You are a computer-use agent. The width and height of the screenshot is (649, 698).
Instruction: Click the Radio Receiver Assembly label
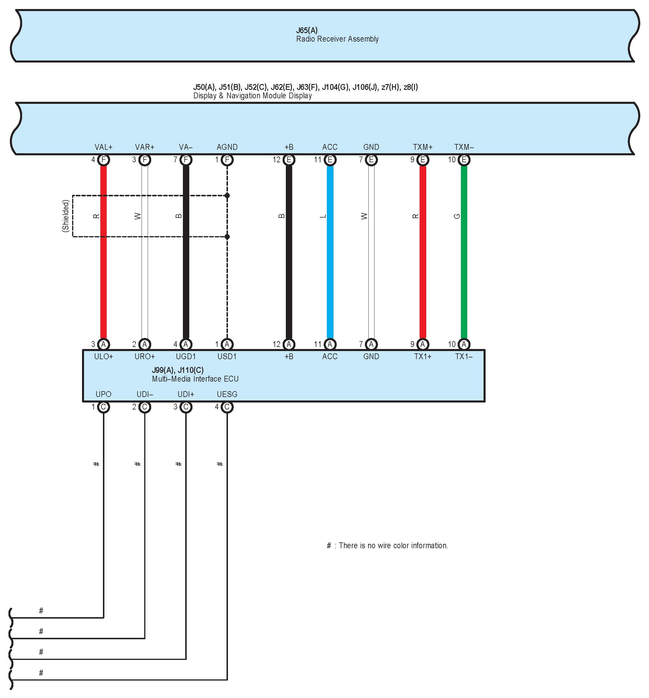click(337, 39)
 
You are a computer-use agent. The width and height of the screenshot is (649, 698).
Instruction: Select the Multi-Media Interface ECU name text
click(195, 379)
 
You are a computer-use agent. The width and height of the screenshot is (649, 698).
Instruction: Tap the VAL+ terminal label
click(103, 147)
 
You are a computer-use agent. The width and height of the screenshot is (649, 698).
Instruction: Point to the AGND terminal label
click(227, 147)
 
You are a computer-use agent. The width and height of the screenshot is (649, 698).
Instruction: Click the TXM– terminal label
click(464, 147)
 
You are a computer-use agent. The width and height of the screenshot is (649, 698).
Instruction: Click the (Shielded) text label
click(65, 216)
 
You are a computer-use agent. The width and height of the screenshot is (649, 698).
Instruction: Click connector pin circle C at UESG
click(227, 407)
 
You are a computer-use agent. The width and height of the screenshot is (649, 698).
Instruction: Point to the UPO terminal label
click(103, 394)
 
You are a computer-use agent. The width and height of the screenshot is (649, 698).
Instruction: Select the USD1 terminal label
click(227, 356)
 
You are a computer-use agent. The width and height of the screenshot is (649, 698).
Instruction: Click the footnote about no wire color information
click(388, 545)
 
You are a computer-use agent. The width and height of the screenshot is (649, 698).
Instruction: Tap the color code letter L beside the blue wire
click(323, 216)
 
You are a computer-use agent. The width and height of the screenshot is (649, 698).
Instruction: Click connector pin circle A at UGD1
click(186, 344)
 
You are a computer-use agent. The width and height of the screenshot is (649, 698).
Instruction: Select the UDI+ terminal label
click(186, 394)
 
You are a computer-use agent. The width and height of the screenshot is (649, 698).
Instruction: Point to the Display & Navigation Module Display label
click(252, 96)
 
